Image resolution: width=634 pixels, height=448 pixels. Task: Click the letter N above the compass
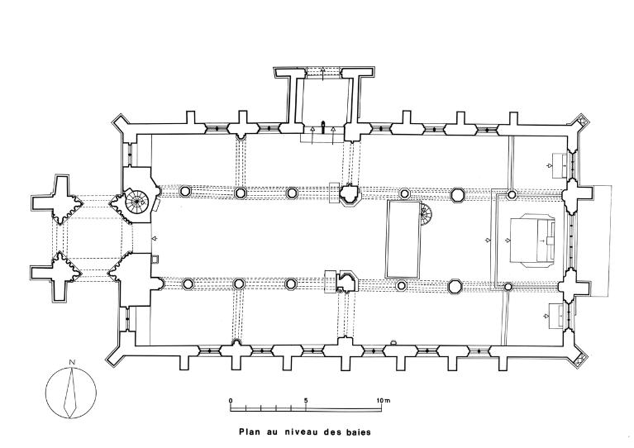click(72, 362)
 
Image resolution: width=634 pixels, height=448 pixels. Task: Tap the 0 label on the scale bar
click(231, 400)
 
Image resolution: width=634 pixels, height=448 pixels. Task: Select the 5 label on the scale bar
click(306, 400)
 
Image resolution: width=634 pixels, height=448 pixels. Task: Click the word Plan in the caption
click(248, 432)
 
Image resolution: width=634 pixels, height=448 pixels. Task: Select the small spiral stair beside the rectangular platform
click(426, 215)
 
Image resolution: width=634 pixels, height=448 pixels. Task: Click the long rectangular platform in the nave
click(403, 239)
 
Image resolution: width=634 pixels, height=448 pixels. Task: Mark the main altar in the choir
click(532, 240)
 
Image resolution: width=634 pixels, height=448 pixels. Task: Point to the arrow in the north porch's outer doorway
click(322, 74)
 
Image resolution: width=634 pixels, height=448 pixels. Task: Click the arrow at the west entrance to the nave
click(153, 239)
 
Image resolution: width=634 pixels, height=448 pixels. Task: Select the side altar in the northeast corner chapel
click(560, 165)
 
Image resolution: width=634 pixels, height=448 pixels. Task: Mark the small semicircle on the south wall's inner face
click(393, 343)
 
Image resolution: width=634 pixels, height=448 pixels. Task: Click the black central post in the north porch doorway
click(322, 127)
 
